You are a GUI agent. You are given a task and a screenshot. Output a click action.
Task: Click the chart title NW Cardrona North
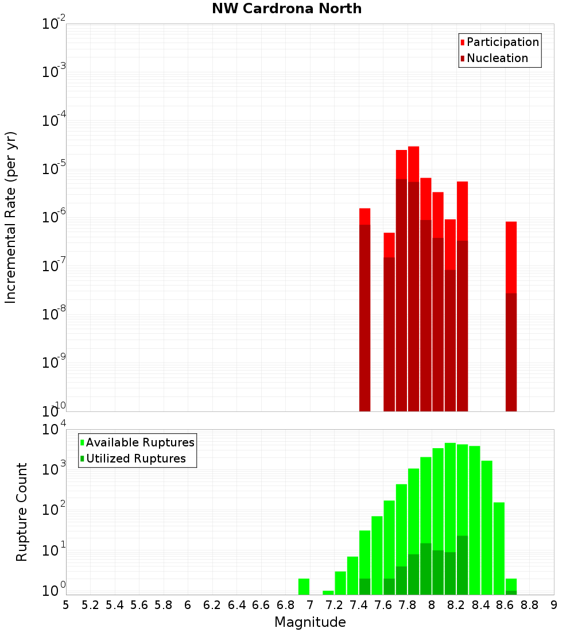(286, 9)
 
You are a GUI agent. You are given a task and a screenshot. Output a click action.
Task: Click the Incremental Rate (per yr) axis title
(11, 217)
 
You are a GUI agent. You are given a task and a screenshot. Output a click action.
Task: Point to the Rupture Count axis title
(22, 512)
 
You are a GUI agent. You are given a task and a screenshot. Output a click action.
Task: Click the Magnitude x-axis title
(310, 622)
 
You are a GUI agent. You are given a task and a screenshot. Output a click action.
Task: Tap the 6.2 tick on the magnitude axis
(212, 605)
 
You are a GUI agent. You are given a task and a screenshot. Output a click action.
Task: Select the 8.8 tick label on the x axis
(530, 605)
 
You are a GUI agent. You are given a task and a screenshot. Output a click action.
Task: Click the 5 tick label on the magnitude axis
(66, 605)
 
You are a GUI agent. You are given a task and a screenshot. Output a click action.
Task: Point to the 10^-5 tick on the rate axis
(54, 169)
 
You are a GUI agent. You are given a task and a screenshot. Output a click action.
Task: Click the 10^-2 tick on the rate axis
(54, 24)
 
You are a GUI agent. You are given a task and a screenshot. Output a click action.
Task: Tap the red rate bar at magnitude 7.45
(364, 310)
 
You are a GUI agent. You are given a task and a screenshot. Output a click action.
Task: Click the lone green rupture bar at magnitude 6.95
(304, 587)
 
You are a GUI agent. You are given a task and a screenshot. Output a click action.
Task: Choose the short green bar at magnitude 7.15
(328, 592)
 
